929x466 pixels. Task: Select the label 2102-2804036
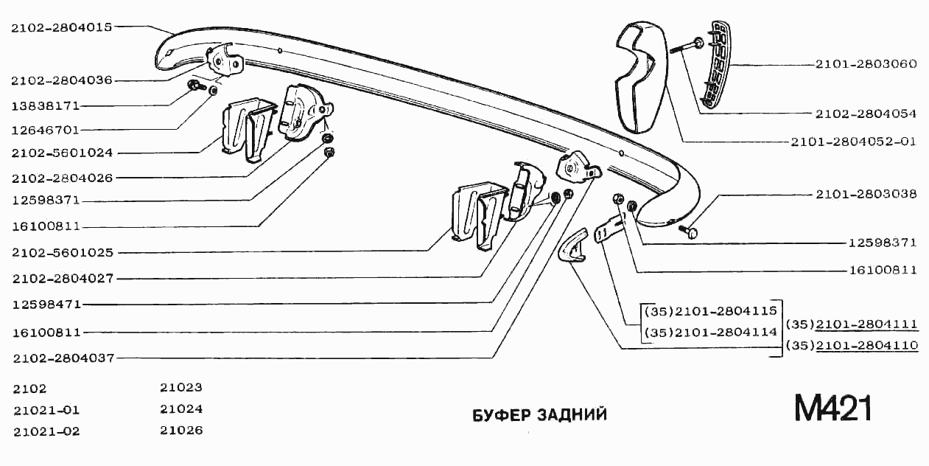[x=62, y=80]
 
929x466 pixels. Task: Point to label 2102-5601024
[x=62, y=153]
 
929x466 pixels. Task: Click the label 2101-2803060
[x=866, y=63]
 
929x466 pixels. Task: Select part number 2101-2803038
[x=866, y=195]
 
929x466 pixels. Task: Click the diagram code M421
[x=832, y=408]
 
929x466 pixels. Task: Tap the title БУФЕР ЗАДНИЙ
[x=539, y=414]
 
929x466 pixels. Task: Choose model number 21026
[x=181, y=430]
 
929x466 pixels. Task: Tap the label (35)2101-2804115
[x=711, y=311]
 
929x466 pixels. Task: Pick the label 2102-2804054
[x=866, y=114]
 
